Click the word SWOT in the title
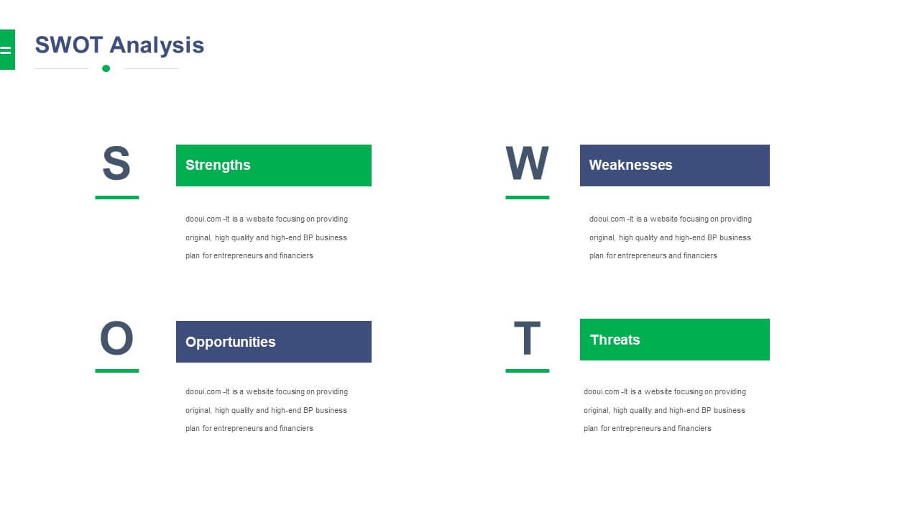pos(68,45)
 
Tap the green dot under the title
pos(106,68)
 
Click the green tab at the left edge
pos(7,50)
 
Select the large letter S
pos(116,163)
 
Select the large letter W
pos(527,163)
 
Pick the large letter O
pos(116,338)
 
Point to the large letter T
pos(527,338)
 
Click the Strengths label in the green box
pos(218,165)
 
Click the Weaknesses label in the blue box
pos(630,165)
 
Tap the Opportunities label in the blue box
pos(231,342)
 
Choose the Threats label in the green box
pos(615,340)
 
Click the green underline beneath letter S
pos(117,198)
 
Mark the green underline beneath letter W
pos(528,198)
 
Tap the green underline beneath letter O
pos(117,371)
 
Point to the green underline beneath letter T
pos(528,371)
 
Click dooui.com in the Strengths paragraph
pos(203,219)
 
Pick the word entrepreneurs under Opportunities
pos(238,429)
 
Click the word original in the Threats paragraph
pos(597,411)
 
